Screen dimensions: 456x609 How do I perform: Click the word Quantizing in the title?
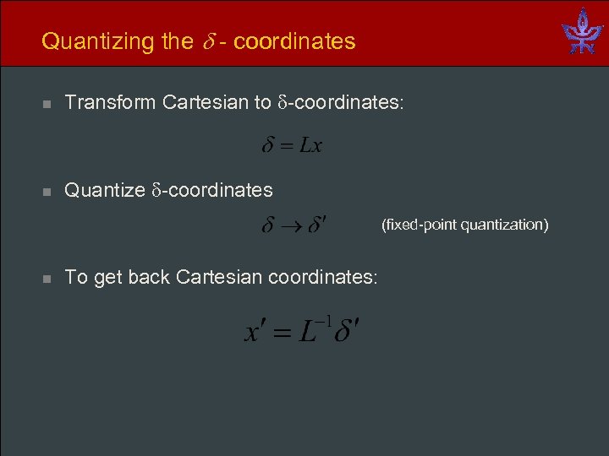(x=91, y=41)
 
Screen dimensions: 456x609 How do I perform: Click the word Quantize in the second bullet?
(x=105, y=191)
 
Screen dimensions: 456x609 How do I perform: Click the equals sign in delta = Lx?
(x=286, y=147)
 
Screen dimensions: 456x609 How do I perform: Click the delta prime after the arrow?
(x=317, y=226)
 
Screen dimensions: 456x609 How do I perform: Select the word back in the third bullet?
(x=148, y=277)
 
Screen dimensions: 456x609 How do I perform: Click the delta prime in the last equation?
(x=347, y=330)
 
